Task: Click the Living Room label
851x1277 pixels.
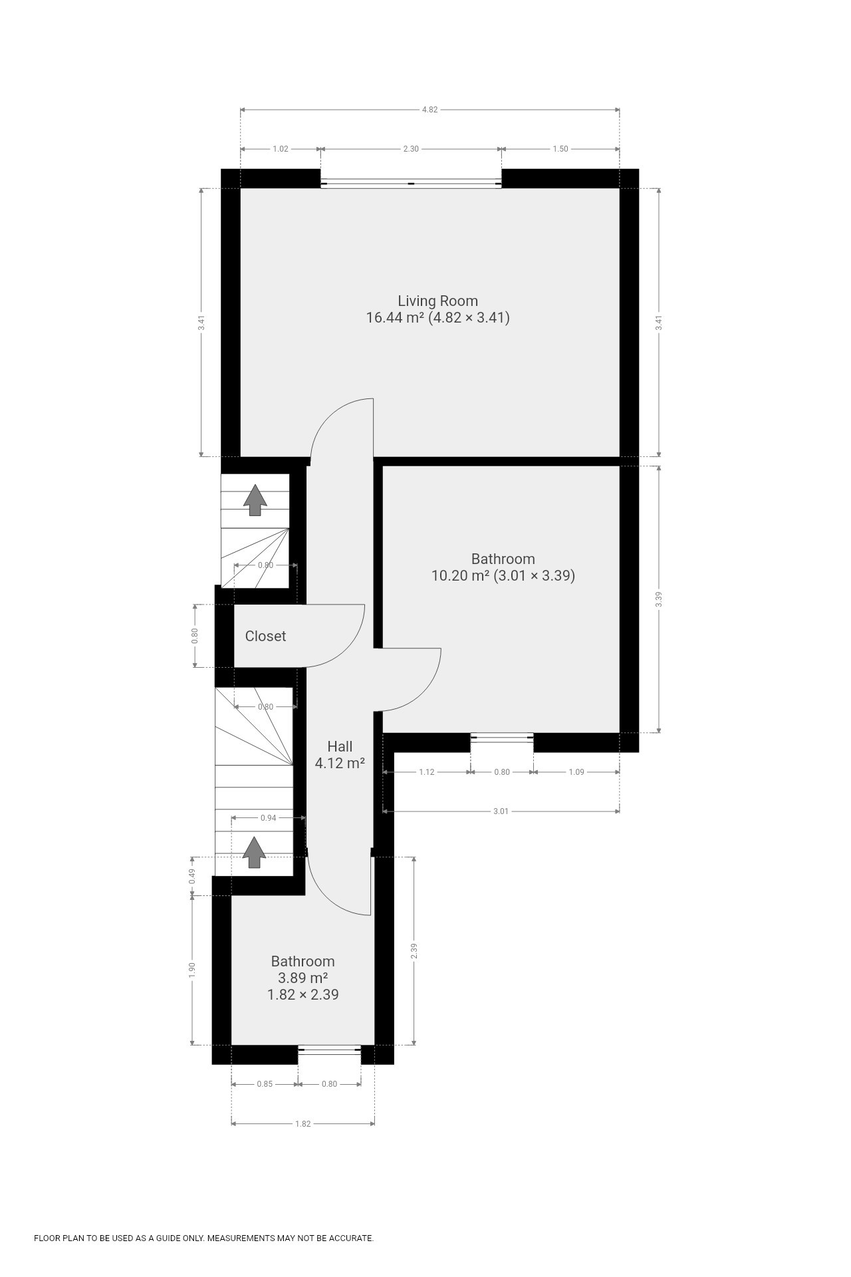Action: pos(437,301)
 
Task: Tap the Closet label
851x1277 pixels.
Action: pos(265,637)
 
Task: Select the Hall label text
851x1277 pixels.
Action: pos(340,747)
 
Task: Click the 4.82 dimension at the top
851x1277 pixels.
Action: pos(429,110)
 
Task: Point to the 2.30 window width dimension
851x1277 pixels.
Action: pos(411,149)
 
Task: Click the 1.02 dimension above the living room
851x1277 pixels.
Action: pos(281,149)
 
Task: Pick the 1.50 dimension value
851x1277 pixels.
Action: pos(560,149)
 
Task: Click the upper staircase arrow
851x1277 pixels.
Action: pos(254,500)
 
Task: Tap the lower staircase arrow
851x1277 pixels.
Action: pos(254,852)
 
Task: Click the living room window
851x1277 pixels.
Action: pos(411,184)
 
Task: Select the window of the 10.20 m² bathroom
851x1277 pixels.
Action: pos(502,737)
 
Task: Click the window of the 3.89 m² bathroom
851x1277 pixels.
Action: pos(330,1050)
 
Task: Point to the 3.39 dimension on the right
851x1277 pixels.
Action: pos(659,599)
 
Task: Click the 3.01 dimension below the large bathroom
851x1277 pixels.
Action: pos(501,811)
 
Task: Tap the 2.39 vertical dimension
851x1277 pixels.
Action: pos(414,952)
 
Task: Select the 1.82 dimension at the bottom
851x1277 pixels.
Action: pos(303,1124)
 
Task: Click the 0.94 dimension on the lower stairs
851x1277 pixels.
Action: pos(268,818)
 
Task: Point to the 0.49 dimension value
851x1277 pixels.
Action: pos(192,877)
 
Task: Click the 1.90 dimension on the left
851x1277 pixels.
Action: pos(192,969)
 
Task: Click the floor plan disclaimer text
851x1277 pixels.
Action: pos(203,1238)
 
